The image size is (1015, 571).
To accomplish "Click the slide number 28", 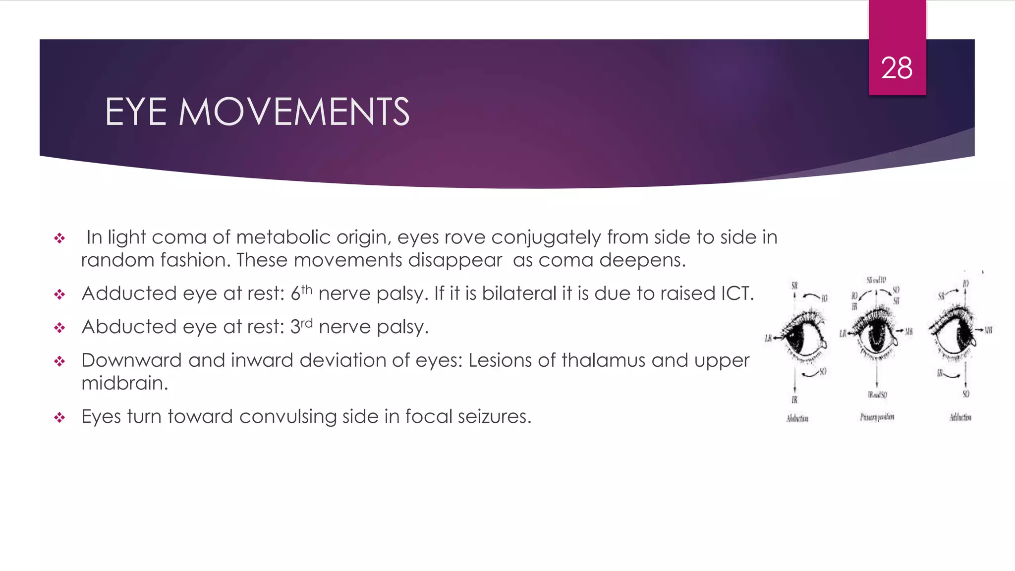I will click(897, 68).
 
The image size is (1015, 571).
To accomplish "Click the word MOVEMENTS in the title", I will click(294, 112).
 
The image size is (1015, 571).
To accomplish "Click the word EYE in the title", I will click(136, 112).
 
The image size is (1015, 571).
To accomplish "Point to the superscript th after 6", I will click(307, 289).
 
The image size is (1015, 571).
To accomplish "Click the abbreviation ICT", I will click(737, 293).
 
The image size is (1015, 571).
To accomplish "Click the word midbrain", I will click(124, 383).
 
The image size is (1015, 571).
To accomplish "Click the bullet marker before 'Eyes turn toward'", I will click(59, 418).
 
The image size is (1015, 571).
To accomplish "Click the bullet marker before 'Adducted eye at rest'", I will click(59, 295).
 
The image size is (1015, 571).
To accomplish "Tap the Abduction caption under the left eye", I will click(797, 419).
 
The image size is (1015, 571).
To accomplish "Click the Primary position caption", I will click(877, 417).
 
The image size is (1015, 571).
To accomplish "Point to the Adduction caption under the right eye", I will click(960, 417).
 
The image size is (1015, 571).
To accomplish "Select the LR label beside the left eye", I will click(769, 339).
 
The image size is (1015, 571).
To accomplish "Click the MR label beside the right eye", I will click(988, 330).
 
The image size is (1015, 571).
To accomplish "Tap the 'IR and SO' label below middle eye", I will click(877, 395).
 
